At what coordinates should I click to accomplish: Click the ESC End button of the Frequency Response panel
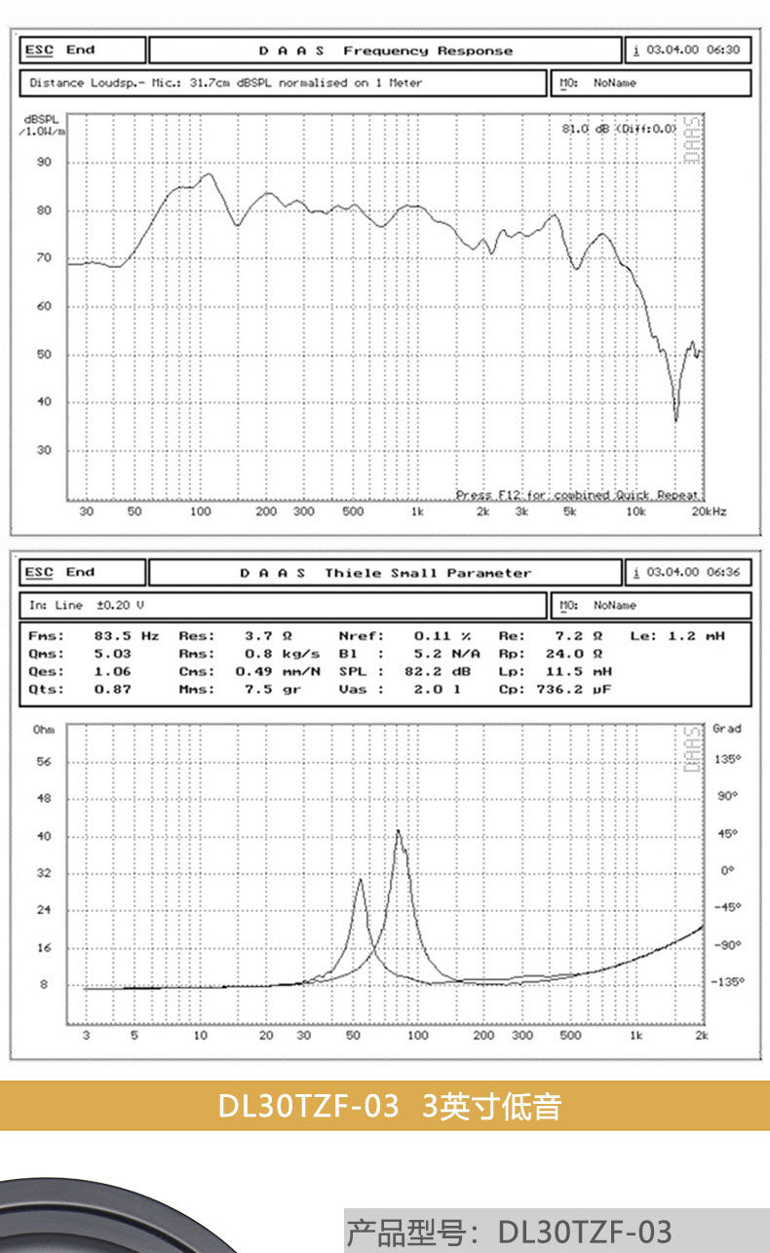point(60,50)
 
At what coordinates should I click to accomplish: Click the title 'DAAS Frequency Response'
point(385,51)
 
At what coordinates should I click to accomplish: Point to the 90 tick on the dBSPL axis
point(44,163)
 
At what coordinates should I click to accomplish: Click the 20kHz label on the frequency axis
point(710,512)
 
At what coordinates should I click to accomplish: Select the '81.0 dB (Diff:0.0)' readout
point(619,128)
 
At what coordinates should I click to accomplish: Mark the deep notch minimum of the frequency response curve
point(675,420)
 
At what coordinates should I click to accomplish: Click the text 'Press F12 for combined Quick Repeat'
point(577,495)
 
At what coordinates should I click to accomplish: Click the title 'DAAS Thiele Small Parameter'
point(385,573)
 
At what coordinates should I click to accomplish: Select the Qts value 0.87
point(107,689)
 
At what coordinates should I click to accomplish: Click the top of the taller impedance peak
point(398,830)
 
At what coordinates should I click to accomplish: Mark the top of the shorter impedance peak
point(360,880)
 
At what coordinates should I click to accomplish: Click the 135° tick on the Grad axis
point(727,760)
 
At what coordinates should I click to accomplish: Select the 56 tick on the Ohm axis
point(43,762)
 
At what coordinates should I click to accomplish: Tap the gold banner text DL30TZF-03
point(308,1106)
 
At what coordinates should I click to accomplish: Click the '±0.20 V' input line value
point(119,605)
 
